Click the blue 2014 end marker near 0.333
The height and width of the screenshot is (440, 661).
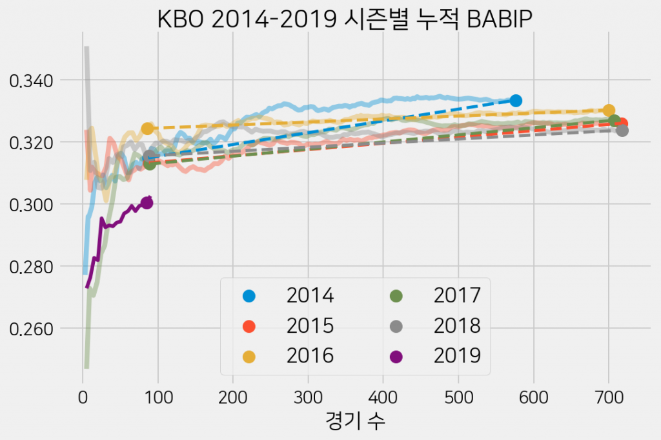515,101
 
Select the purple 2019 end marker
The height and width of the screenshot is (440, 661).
147,203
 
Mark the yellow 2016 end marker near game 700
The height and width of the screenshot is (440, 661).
609,110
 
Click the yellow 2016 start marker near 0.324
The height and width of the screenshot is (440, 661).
147,129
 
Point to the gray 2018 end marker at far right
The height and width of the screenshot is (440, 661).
622,131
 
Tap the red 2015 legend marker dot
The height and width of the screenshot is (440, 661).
249,326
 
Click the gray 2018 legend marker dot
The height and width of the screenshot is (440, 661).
396,326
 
